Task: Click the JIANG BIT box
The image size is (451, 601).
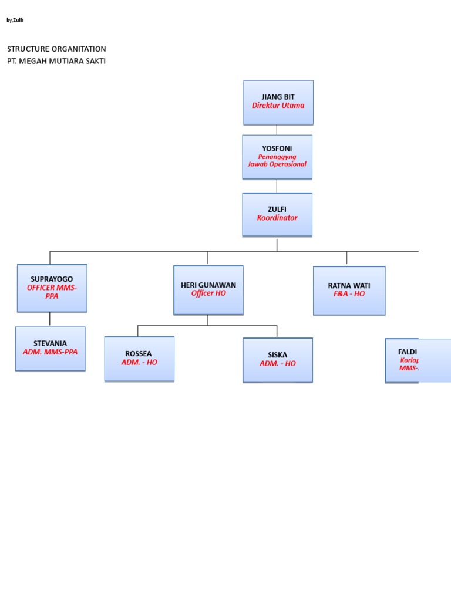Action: pos(278,102)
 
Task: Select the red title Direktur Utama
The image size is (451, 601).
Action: pos(278,106)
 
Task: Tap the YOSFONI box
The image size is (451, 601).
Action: pos(277,157)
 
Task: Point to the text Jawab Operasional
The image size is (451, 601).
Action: pos(277,164)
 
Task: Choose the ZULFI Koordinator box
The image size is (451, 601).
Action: pos(277,214)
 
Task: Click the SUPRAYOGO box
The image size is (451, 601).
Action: pos(52,288)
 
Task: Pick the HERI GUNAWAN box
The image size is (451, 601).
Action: pos(208,290)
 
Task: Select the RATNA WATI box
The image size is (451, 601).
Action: pos(349,291)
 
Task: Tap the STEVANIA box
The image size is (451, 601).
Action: pos(51,349)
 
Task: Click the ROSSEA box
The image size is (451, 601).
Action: pos(139,359)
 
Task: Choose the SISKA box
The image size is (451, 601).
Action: pos(278,360)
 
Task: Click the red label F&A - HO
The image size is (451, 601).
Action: pos(349,294)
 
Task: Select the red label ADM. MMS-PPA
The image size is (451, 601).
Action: pos(50,352)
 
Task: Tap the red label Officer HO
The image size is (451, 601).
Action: pos(208,293)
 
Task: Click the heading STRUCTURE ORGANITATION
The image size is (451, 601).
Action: pos(56,49)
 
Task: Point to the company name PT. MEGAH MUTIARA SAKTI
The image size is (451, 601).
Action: pos(56,61)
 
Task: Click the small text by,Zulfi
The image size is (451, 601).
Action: pos(15,20)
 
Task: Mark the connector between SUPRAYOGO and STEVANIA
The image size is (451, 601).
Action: pos(50,319)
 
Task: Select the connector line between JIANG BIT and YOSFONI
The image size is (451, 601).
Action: pos(277,130)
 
